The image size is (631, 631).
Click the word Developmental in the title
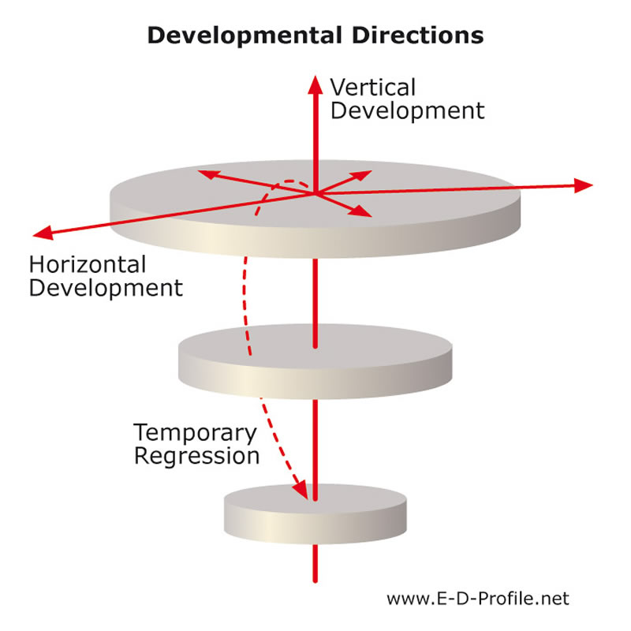(x=245, y=36)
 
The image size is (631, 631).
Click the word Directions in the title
(x=418, y=35)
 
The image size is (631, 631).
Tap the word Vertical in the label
(x=372, y=88)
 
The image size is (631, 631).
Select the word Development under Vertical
(x=408, y=111)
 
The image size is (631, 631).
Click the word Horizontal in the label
(x=88, y=265)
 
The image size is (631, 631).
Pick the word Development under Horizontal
(x=106, y=289)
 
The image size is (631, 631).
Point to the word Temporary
(x=195, y=433)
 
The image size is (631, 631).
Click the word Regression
(x=196, y=457)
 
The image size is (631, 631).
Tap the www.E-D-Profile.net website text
(x=478, y=599)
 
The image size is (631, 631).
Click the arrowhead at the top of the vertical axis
(x=315, y=84)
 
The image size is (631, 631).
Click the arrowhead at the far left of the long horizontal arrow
(x=43, y=233)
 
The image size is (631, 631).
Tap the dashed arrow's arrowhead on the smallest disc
(x=301, y=490)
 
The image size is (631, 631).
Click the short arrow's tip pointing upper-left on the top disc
(x=199, y=171)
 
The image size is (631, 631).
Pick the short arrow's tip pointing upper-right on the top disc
(x=371, y=171)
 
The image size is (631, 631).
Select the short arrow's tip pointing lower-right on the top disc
(x=371, y=216)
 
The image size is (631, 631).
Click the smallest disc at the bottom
(x=315, y=514)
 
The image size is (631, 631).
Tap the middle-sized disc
(x=315, y=361)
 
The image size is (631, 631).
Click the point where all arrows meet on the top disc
(x=315, y=194)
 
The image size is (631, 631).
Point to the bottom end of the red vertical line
(x=315, y=581)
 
